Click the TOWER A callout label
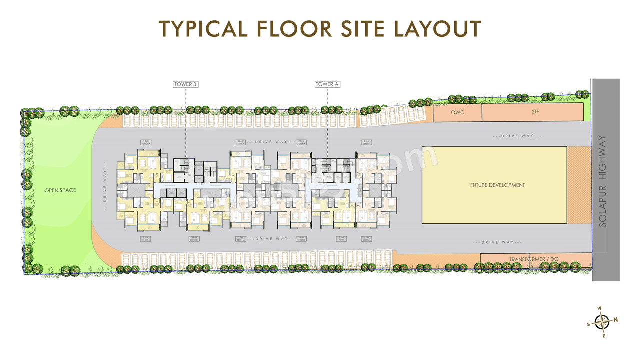(327, 84)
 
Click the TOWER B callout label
(185, 84)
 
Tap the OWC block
(457, 112)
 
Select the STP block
(535, 112)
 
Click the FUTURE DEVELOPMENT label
(497, 185)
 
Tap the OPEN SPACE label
(60, 190)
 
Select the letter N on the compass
(616, 320)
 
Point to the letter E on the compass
(604, 336)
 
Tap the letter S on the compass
(589, 324)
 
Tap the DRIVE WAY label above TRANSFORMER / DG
(498, 242)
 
